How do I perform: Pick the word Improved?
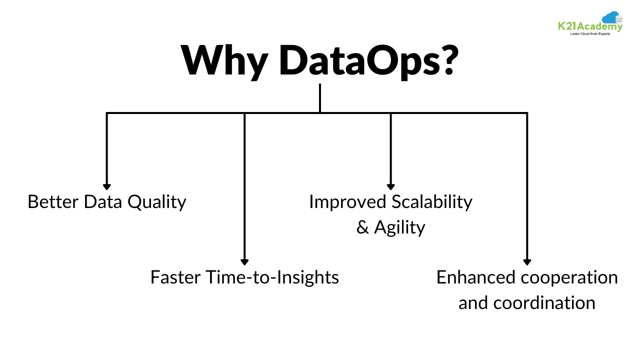click(348, 202)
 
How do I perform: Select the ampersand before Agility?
click(362, 228)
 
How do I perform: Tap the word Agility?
click(399, 228)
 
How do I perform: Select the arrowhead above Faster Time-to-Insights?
click(244, 261)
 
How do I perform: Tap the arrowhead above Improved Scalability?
click(390, 186)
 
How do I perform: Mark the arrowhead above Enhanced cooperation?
click(526, 261)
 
